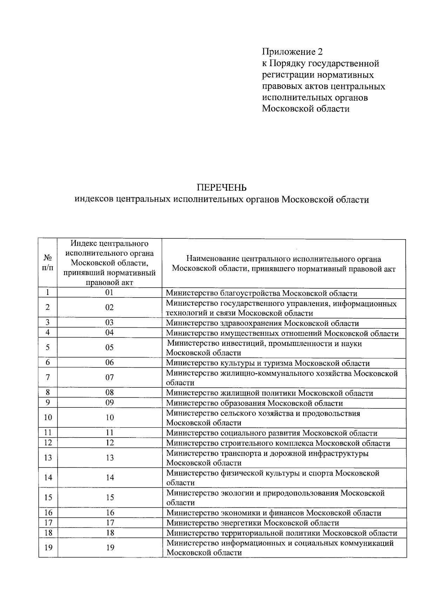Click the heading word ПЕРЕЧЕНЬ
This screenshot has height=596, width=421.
coord(221,187)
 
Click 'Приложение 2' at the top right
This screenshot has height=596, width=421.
coord(292,52)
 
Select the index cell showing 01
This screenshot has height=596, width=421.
coord(109,293)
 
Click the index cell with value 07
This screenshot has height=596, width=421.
coord(109,378)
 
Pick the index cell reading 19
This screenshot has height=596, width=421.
coord(110,548)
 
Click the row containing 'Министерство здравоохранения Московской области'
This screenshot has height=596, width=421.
coord(262,323)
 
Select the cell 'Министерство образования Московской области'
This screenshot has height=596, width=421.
coord(254,403)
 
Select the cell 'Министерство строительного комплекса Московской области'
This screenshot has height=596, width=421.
coord(278,443)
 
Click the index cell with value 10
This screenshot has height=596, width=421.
coord(110,418)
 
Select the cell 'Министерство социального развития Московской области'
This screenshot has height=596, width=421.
coord(272,433)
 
